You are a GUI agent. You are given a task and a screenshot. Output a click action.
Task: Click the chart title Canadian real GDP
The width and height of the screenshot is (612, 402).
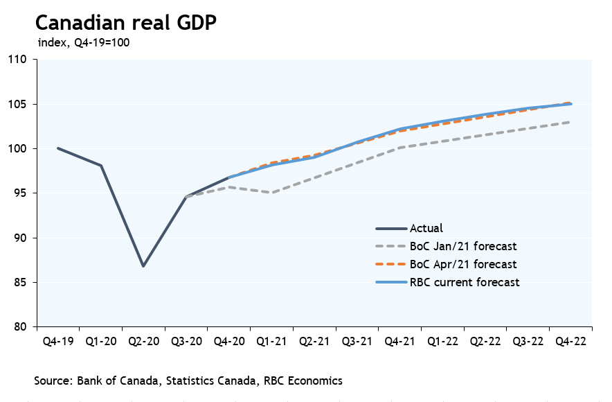(126, 22)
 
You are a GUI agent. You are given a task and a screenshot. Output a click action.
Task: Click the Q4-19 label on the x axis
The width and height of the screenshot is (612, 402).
(58, 341)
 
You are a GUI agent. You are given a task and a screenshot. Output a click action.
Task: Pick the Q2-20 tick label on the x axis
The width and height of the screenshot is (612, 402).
(143, 341)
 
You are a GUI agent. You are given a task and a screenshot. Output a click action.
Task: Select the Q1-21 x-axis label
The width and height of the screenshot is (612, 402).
(271, 341)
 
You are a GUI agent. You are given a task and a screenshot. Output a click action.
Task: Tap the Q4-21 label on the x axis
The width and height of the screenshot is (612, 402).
(399, 341)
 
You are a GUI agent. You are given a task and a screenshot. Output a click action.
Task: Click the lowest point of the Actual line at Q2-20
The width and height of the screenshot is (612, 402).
(143, 266)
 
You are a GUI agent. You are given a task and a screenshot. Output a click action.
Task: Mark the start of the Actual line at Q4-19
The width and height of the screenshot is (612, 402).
(58, 148)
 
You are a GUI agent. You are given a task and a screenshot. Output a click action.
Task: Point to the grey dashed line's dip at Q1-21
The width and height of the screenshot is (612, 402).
(271, 192)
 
